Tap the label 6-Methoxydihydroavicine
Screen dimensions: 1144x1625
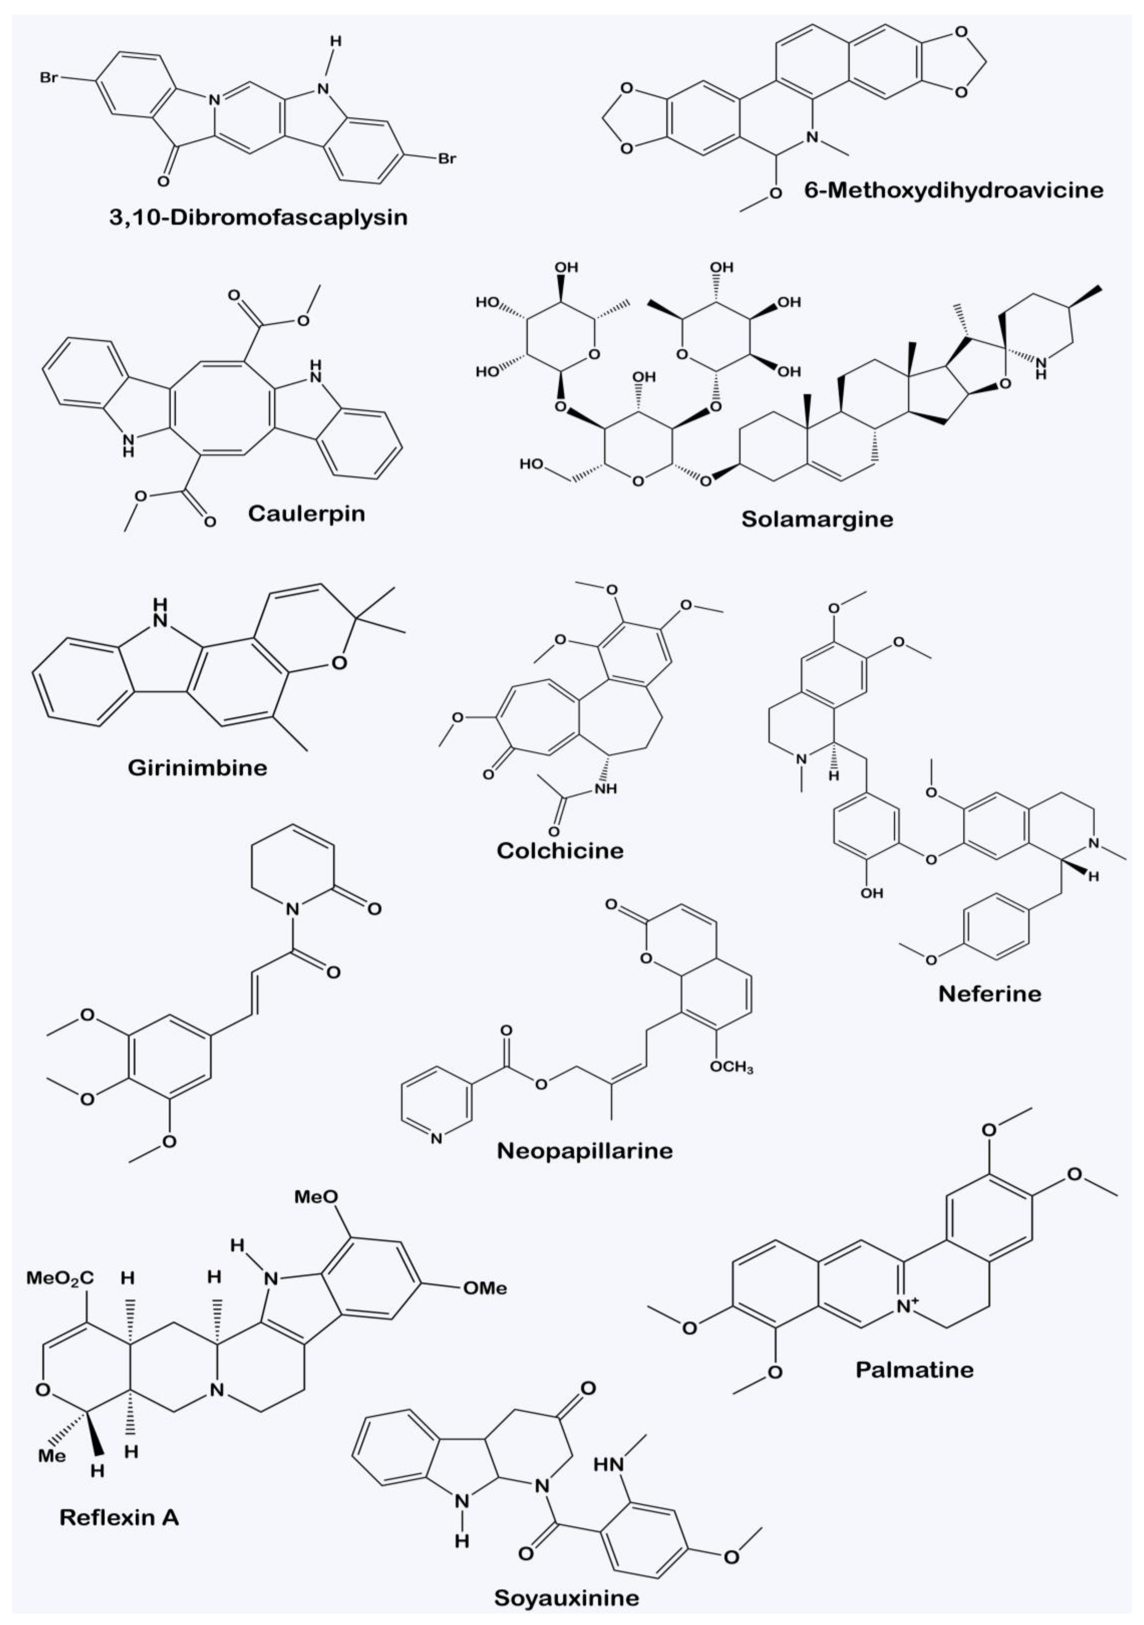954,190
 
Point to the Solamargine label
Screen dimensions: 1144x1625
817,519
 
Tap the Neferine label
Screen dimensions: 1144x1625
990,994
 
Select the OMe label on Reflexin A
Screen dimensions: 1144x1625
485,1288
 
